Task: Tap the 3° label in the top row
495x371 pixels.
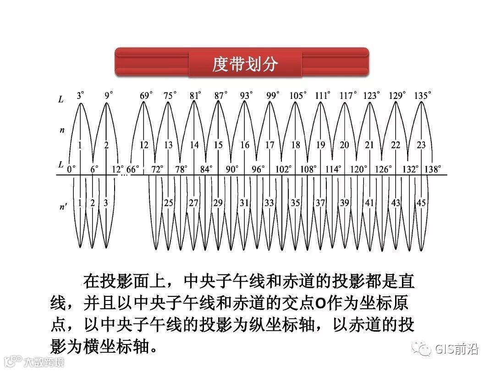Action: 81,96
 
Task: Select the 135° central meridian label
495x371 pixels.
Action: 422,96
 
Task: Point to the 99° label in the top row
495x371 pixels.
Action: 272,96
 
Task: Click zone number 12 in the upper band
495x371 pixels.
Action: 144,145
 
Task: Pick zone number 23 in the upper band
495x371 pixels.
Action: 421,145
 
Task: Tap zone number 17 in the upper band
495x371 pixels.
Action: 270,145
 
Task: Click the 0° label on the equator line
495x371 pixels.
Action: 71,169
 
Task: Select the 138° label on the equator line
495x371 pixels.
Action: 433,169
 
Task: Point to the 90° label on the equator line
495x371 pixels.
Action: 232,169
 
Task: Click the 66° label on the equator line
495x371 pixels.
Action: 133,169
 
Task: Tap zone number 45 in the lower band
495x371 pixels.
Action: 421,203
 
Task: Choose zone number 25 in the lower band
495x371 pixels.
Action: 169,203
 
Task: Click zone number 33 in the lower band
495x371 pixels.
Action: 269,203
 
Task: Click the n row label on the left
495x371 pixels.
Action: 62,131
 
